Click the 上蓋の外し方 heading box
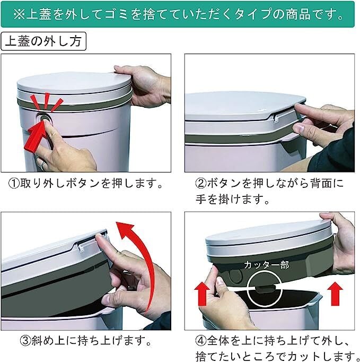[x=43, y=41]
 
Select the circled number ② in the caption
[x=200, y=184]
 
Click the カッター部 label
[x=266, y=265]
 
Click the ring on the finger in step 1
[x=44, y=165]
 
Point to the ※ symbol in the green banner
[x=19, y=14]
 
